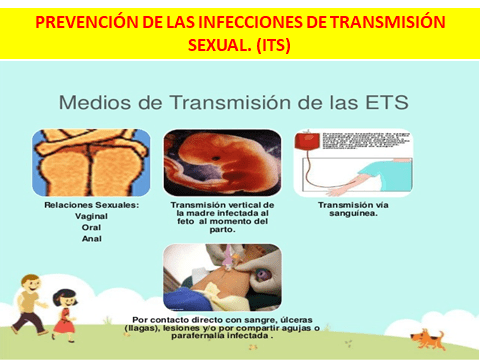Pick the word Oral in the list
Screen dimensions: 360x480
tap(90, 227)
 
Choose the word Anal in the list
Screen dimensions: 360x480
tap(90, 238)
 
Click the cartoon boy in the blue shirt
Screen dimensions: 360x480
tap(30, 290)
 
